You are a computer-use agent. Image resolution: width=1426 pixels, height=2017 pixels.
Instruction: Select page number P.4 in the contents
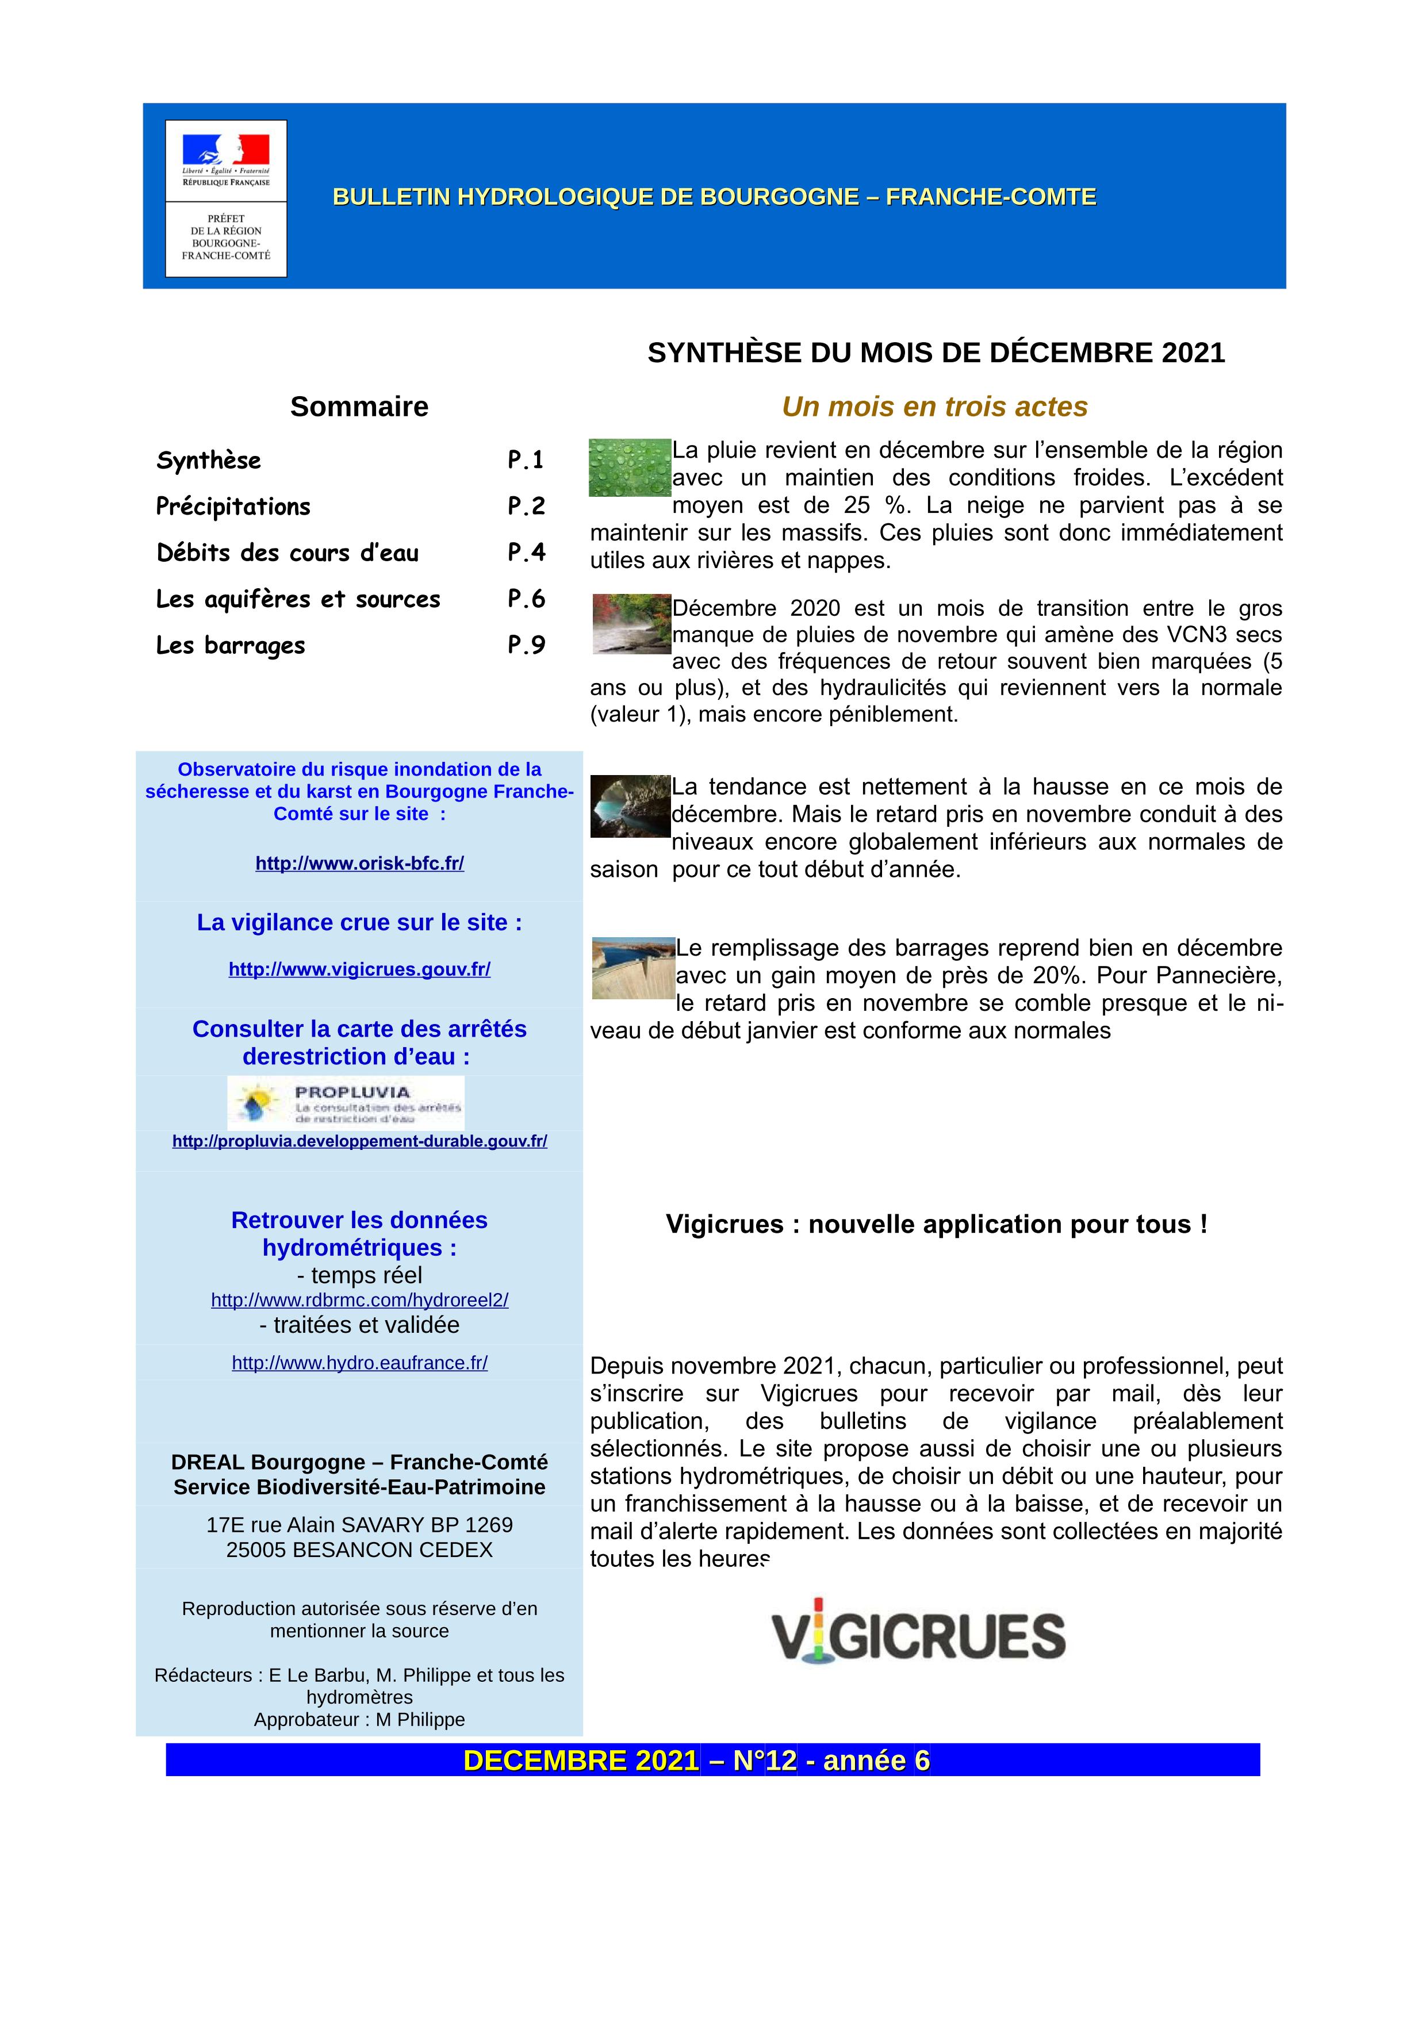[526, 553]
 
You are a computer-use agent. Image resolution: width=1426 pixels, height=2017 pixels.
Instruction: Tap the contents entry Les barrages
[230, 646]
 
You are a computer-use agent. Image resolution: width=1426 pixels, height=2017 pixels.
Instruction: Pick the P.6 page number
[526, 599]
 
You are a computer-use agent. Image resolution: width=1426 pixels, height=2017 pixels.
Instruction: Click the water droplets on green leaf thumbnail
[629, 467]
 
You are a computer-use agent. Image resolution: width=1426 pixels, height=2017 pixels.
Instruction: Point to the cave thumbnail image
[629, 806]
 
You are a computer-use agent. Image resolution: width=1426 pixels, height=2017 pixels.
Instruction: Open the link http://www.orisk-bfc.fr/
[359, 864]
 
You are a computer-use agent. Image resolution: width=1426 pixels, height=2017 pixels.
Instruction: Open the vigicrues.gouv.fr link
[359, 970]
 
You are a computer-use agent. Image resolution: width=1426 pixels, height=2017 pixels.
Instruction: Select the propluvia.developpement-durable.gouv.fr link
[359, 1141]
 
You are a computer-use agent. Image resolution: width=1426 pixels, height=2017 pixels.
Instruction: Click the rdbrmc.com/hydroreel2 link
[359, 1300]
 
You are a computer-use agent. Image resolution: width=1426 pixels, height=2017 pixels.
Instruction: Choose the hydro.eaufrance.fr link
[359, 1363]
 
